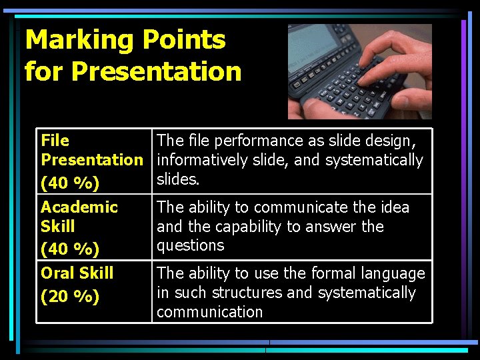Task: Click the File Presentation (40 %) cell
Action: (x=93, y=161)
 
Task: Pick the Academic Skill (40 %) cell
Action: (x=93, y=227)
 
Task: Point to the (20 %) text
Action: (x=70, y=296)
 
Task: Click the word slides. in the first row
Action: (x=178, y=179)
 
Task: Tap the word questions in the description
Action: (x=190, y=245)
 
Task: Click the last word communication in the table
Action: (x=209, y=312)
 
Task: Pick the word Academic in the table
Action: (x=79, y=207)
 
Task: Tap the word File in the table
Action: (x=55, y=141)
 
